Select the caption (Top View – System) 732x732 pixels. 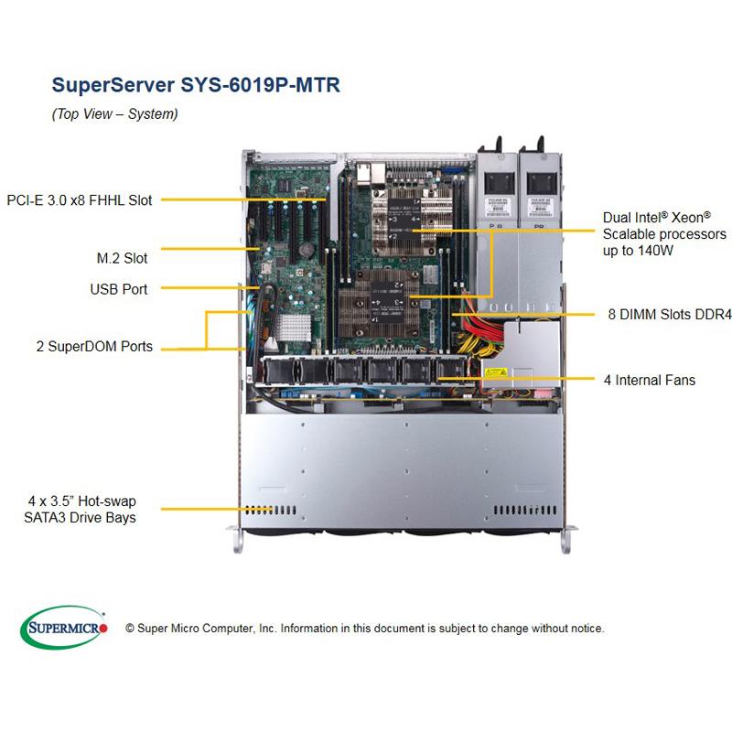click(x=114, y=114)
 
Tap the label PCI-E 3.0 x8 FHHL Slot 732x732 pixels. click(x=80, y=199)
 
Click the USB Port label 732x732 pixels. click(x=119, y=289)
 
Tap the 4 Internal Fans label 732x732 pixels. click(x=649, y=379)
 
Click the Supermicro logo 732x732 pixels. click(x=64, y=628)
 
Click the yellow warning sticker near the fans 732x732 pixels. click(x=496, y=372)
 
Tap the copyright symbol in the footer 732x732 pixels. click(x=130, y=629)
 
